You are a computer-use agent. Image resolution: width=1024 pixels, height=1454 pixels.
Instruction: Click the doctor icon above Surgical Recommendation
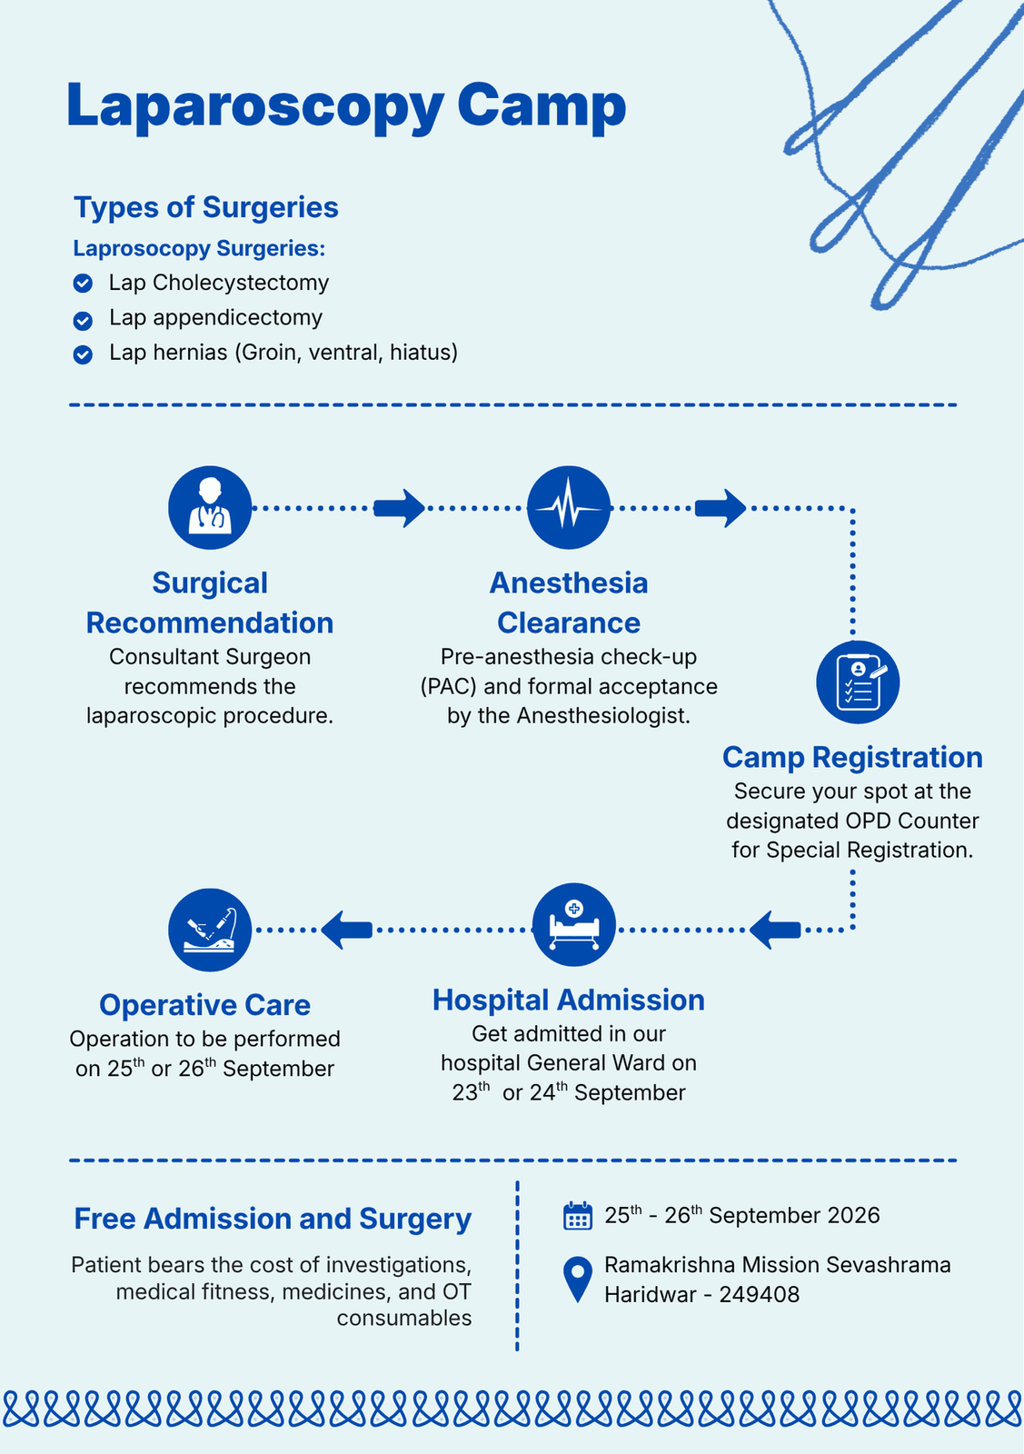pyautogui.click(x=210, y=508)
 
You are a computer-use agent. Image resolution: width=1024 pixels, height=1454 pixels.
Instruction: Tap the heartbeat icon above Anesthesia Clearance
pyautogui.click(x=569, y=508)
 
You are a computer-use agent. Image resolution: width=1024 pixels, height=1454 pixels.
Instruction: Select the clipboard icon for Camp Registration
pyautogui.click(x=857, y=682)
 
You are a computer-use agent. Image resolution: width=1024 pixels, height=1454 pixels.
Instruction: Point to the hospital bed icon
pyautogui.click(x=573, y=925)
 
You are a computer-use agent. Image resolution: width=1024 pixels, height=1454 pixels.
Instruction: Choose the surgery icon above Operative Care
pyautogui.click(x=210, y=931)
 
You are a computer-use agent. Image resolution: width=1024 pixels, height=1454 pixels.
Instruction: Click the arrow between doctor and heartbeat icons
pyautogui.click(x=399, y=508)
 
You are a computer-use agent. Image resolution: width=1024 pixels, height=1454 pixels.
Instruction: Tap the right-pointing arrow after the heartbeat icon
pyautogui.click(x=721, y=508)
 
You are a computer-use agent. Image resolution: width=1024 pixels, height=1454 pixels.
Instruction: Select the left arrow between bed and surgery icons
pyautogui.click(x=346, y=931)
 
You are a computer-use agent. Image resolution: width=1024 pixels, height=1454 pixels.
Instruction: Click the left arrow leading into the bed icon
pyautogui.click(x=775, y=931)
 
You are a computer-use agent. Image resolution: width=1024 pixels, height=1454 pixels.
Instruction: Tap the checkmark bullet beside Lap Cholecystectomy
pyautogui.click(x=83, y=284)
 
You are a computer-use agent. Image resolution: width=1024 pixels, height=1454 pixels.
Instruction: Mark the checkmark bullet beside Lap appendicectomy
pyautogui.click(x=83, y=321)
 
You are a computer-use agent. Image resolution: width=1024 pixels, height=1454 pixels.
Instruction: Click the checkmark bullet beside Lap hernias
pyautogui.click(x=83, y=355)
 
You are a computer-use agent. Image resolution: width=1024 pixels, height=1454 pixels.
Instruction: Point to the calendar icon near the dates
pyautogui.click(x=578, y=1216)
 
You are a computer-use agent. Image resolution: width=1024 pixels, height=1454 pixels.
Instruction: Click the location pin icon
pyautogui.click(x=578, y=1280)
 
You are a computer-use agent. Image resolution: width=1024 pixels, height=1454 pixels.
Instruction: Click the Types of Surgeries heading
pyautogui.click(x=205, y=208)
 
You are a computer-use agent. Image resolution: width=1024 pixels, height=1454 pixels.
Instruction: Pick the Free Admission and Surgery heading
pyautogui.click(x=273, y=1219)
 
